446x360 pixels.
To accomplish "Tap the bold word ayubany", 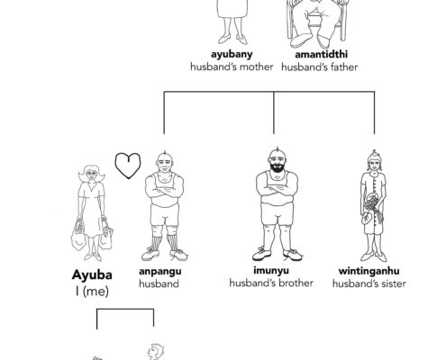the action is coord(232,55).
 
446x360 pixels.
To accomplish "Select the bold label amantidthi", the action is coord(322,54).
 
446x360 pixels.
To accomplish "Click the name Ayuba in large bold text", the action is coord(92,274).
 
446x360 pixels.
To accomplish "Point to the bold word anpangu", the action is coord(160,272).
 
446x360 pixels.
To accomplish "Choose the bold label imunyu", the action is coord(271,270).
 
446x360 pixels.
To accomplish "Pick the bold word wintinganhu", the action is coord(369,271).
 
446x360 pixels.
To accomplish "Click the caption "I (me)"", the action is coord(92,291).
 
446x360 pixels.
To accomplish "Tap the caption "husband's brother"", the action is coord(271,283).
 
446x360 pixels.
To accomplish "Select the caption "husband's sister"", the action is coord(369,283).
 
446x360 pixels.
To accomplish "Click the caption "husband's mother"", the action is coord(232,67).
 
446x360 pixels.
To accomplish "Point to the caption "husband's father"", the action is coord(320,67).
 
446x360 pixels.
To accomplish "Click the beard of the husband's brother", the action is coord(277,166).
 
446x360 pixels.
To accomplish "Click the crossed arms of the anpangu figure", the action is coord(164,192).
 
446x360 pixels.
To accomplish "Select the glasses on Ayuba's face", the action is coord(91,173).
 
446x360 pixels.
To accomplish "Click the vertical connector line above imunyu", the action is coord(274,112).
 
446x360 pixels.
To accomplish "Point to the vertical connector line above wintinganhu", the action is coord(374,112).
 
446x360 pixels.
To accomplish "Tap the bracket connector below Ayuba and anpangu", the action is coord(125,309).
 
